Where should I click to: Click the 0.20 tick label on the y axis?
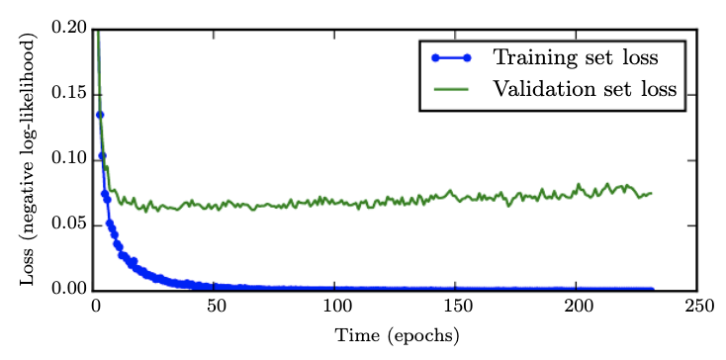(x=67, y=30)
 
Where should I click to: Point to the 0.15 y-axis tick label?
(x=67, y=95)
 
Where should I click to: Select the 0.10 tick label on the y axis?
(x=67, y=160)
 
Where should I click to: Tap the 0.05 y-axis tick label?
(x=67, y=225)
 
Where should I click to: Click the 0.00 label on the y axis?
(x=67, y=290)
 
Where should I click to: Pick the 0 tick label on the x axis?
(x=96, y=307)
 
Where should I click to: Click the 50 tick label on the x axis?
(x=216, y=307)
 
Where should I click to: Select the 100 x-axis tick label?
(x=336, y=307)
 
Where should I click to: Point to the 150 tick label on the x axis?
(x=456, y=307)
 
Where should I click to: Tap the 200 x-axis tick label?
(x=577, y=307)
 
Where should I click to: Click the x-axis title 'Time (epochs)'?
(x=396, y=336)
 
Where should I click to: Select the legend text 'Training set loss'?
(x=576, y=54)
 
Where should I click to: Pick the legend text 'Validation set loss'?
(x=585, y=88)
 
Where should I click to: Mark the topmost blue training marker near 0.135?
(x=99, y=115)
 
